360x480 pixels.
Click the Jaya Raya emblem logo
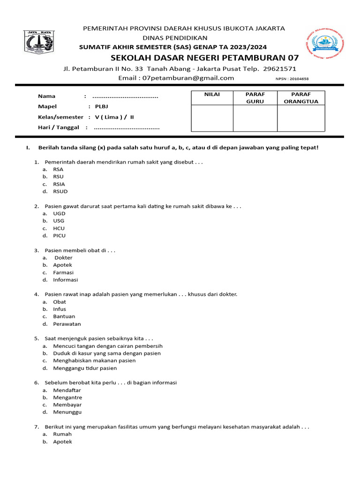click(39, 42)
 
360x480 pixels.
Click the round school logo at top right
click(324, 45)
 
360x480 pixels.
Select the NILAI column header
click(212, 95)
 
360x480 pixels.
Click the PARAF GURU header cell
click(255, 98)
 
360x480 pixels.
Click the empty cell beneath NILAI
click(212, 118)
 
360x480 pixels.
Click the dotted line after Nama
click(125, 97)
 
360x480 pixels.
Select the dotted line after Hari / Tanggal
click(127, 127)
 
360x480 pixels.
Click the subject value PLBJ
click(102, 107)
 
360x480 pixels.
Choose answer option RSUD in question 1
click(60, 191)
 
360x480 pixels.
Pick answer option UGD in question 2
click(59, 213)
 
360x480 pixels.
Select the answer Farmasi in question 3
click(63, 272)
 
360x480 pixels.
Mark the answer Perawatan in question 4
click(67, 324)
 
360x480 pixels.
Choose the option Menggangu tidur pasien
click(85, 368)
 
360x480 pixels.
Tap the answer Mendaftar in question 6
click(67, 390)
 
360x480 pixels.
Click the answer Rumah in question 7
click(62, 434)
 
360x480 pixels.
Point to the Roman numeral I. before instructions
click(28, 148)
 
